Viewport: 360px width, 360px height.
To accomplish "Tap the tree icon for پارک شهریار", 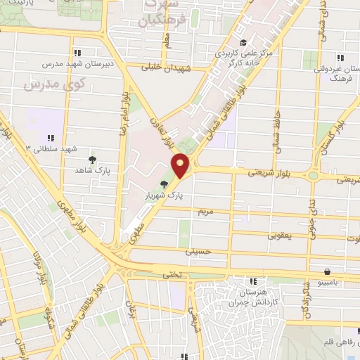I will pyautogui.click(x=164, y=185).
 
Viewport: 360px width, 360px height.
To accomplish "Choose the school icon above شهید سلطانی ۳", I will pyautogui.click(x=51, y=138).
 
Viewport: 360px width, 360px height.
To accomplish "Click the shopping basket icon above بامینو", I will pyautogui.click(x=328, y=271).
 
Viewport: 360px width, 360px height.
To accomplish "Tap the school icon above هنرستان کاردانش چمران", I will pyautogui.click(x=252, y=281).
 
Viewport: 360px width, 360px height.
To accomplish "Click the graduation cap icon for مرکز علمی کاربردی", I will pyautogui.click(x=243, y=42).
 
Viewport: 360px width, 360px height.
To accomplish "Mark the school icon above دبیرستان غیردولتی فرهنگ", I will pyautogui.click(x=340, y=58).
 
